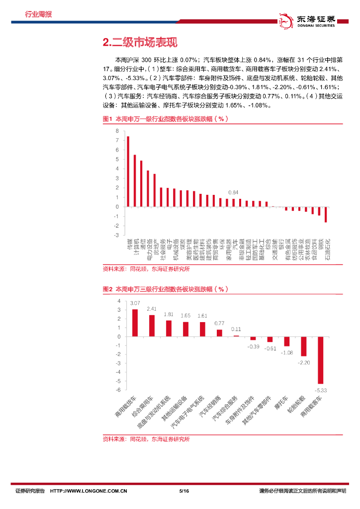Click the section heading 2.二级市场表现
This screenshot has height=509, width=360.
[x=139, y=43]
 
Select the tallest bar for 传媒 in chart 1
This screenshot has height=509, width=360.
[x=128, y=171]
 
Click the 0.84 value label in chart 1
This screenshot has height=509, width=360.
[x=233, y=192]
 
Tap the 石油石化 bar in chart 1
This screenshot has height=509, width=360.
[x=326, y=214]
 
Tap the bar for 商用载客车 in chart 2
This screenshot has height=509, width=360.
[x=321, y=360]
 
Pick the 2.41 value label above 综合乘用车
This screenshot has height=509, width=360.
[x=152, y=309]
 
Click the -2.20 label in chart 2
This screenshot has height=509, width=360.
[x=304, y=362]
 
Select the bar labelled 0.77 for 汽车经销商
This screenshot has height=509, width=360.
[x=219, y=333]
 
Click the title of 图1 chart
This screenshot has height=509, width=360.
[x=165, y=119]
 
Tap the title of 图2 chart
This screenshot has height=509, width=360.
[x=165, y=289]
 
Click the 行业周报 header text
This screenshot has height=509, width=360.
[x=38, y=14]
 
